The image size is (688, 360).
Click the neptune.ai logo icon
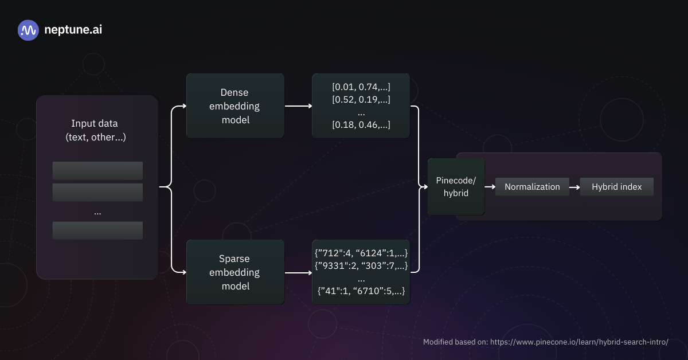tap(28, 30)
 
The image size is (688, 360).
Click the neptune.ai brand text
tap(73, 30)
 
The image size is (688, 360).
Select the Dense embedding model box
tap(236, 105)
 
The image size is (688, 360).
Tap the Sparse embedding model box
tap(236, 272)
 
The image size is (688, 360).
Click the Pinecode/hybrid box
tap(456, 187)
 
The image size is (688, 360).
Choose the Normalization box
tap(532, 187)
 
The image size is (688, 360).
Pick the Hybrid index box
tap(616, 187)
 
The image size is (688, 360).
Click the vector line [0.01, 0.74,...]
tap(361, 87)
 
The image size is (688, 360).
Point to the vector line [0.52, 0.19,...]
tap(361, 99)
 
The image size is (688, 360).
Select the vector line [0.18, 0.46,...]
tap(361, 124)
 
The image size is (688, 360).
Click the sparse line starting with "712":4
tap(361, 253)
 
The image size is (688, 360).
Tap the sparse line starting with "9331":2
tap(361, 266)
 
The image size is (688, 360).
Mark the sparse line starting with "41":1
tap(361, 291)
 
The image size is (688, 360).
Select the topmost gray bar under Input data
tap(97, 170)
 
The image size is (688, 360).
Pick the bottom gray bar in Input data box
tap(97, 230)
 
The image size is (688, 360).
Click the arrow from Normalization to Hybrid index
tap(574, 187)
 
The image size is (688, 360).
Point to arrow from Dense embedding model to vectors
tap(298, 106)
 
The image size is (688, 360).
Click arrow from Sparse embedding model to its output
tap(298, 272)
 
